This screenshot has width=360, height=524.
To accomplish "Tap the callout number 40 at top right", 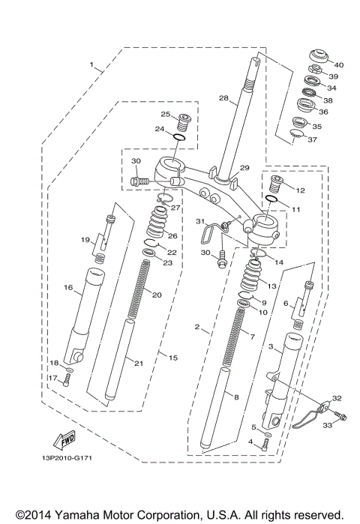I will coord(338,64).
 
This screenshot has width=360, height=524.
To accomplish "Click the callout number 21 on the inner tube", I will coord(137,363).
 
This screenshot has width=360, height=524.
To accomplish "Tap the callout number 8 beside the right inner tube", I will coord(236,397).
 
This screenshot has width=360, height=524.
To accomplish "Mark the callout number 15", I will coord(173,358).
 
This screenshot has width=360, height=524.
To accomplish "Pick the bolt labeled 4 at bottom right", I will coord(265,445).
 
